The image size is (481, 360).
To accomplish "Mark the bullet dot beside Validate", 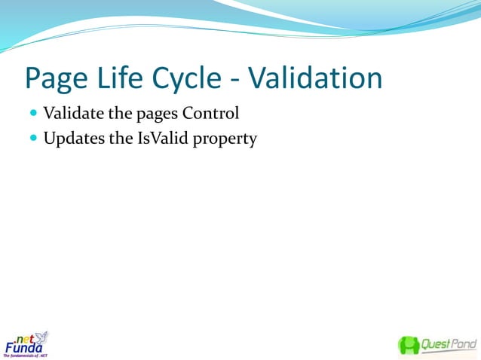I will tap(33, 114).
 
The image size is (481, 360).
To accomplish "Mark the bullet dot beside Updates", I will tap(33, 139).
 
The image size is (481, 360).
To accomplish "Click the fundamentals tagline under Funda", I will tap(26, 355).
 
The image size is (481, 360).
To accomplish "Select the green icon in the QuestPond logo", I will tap(409, 345).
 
